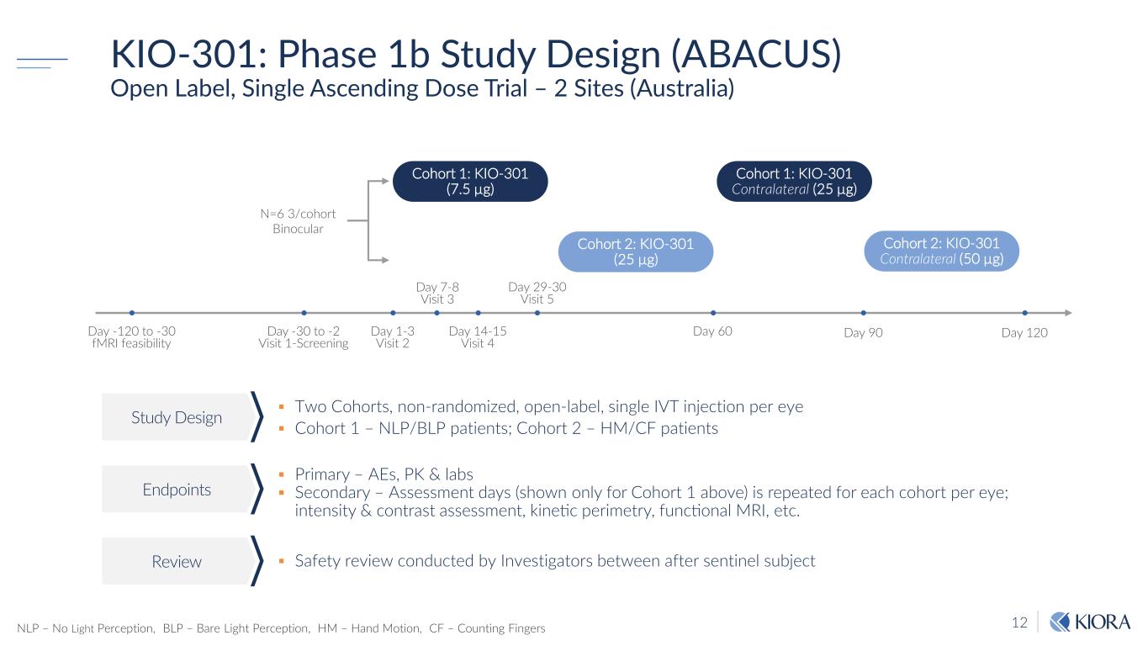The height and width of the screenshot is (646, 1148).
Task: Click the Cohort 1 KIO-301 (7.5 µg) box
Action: (x=470, y=181)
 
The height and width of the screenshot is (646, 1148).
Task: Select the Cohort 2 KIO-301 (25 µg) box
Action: (x=635, y=252)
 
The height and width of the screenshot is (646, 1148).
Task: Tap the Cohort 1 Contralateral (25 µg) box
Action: (x=794, y=181)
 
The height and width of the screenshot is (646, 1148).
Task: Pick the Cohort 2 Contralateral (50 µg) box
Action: (x=941, y=251)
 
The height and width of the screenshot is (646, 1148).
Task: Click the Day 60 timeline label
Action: (x=712, y=331)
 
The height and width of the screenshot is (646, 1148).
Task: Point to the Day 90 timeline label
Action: (x=863, y=333)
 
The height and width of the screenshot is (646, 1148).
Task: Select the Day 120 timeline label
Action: (x=1024, y=333)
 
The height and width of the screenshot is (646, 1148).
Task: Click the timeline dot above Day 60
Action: (x=712, y=313)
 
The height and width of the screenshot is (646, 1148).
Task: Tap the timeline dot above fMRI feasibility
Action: (x=132, y=313)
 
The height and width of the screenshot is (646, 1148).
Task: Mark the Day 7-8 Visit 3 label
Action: (x=437, y=293)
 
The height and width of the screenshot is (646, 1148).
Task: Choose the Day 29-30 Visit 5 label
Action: (x=537, y=293)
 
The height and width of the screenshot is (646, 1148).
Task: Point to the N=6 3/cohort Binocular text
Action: (x=298, y=221)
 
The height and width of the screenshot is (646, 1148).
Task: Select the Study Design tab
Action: (x=177, y=417)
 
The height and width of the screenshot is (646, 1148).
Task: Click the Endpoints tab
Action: (x=177, y=489)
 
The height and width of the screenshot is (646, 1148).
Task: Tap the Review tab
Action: (x=177, y=561)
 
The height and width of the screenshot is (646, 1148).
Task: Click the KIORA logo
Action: (x=1091, y=622)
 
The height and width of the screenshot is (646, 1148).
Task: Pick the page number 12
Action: (x=1019, y=623)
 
